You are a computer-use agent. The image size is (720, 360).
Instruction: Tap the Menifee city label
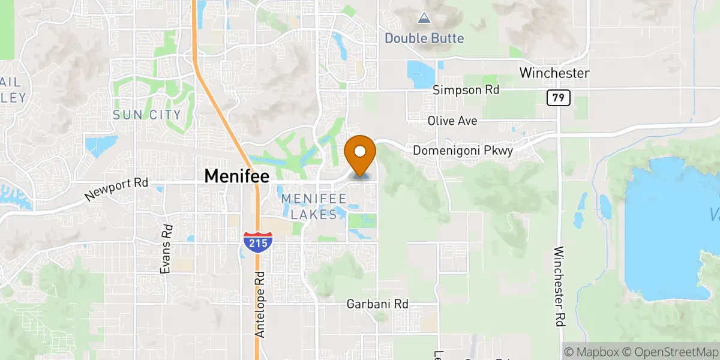pos(237,175)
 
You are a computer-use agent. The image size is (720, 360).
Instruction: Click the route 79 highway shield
pos(558,97)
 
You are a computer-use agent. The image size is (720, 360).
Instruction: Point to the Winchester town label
pos(554,73)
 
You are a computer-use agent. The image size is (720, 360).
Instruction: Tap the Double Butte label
pos(424,38)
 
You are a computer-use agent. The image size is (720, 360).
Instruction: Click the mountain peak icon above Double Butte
pos(424,19)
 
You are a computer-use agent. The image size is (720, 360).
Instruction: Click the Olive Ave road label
pos(452,121)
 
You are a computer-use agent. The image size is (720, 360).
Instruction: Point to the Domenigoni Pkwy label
pos(463,151)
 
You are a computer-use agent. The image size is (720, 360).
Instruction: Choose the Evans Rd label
pos(166,249)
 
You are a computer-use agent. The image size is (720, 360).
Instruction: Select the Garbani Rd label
pos(377,304)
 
